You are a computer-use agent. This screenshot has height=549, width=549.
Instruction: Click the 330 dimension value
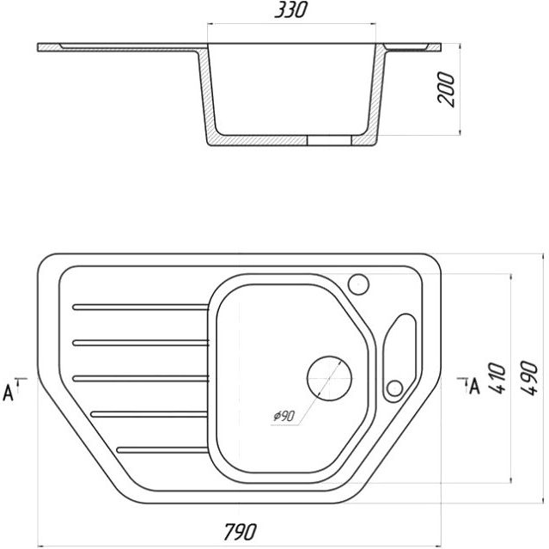290,9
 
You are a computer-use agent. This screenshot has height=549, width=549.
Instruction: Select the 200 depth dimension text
446,89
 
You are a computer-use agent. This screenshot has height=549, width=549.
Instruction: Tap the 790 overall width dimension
241,532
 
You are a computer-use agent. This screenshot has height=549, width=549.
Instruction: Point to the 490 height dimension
528,378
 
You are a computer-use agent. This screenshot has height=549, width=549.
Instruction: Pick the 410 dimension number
497,378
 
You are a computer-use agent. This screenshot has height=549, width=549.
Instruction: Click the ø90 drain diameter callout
284,416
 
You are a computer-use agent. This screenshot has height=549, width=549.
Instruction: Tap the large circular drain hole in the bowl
329,379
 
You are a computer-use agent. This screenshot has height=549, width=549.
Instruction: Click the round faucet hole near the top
358,284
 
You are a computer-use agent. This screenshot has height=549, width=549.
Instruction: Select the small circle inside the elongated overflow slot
394,388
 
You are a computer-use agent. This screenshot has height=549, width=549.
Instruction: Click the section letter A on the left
8,393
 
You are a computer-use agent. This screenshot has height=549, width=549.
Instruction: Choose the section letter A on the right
474,387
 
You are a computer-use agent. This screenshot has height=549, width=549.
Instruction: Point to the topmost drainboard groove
140,307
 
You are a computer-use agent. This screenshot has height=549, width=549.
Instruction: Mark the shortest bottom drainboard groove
162,450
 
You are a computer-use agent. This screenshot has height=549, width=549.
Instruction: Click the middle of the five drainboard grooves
140,379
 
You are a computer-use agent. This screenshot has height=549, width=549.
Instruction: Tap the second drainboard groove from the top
140,343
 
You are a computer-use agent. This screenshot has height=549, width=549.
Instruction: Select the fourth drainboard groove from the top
149,414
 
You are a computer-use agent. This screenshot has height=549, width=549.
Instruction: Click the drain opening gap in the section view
329,140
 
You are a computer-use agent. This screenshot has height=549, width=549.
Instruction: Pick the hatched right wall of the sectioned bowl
377,92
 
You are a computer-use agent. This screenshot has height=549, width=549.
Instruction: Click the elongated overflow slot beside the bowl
400,357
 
